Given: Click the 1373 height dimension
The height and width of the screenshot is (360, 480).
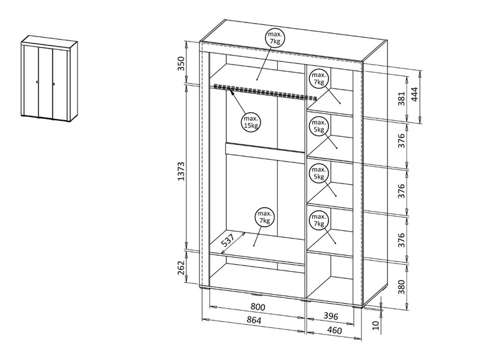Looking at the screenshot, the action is [x=181, y=171].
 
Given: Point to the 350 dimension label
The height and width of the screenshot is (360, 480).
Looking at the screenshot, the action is [x=182, y=63].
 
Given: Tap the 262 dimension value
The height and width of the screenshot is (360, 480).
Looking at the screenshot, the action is [x=181, y=267].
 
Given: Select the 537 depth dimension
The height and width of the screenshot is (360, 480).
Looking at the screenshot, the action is [x=228, y=240].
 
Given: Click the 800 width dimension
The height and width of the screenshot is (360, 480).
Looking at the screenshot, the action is [x=257, y=306].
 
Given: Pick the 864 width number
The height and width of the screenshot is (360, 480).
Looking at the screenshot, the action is [x=254, y=320].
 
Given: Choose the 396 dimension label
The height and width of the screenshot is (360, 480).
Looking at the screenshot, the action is [x=331, y=316].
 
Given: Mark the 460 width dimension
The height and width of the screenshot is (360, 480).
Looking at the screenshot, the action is [x=334, y=331].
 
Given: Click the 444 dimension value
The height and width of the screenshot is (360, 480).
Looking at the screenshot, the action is [x=414, y=94].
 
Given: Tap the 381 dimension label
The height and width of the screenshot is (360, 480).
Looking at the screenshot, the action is [x=402, y=98].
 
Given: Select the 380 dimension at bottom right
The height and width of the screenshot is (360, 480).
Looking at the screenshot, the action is [x=402, y=286].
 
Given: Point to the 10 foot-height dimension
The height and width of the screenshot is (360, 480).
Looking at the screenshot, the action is [x=376, y=325].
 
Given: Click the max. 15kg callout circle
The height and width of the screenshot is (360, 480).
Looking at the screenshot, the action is [x=251, y=122].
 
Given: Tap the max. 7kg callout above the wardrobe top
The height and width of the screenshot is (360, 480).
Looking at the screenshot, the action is [x=275, y=38].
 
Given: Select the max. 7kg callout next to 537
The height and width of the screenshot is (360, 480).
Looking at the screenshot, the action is [x=264, y=217].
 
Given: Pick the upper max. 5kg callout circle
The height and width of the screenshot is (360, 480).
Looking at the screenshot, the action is [x=319, y=126].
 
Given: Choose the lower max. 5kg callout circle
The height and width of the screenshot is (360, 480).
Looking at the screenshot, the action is [x=319, y=173].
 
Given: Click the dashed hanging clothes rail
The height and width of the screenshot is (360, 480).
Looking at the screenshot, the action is [x=265, y=92].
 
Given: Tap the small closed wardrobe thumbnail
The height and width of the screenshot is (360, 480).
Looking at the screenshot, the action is [x=49, y=77].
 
